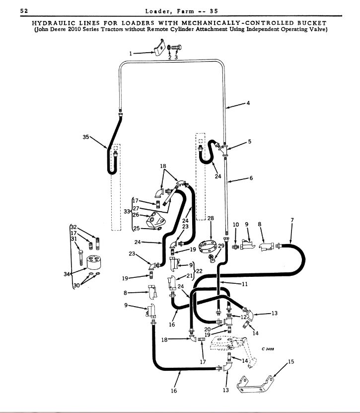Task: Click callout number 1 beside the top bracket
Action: point(131,52)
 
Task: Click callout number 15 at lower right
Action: point(291,361)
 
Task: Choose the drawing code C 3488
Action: point(268,348)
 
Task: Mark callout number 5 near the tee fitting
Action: point(250,141)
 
